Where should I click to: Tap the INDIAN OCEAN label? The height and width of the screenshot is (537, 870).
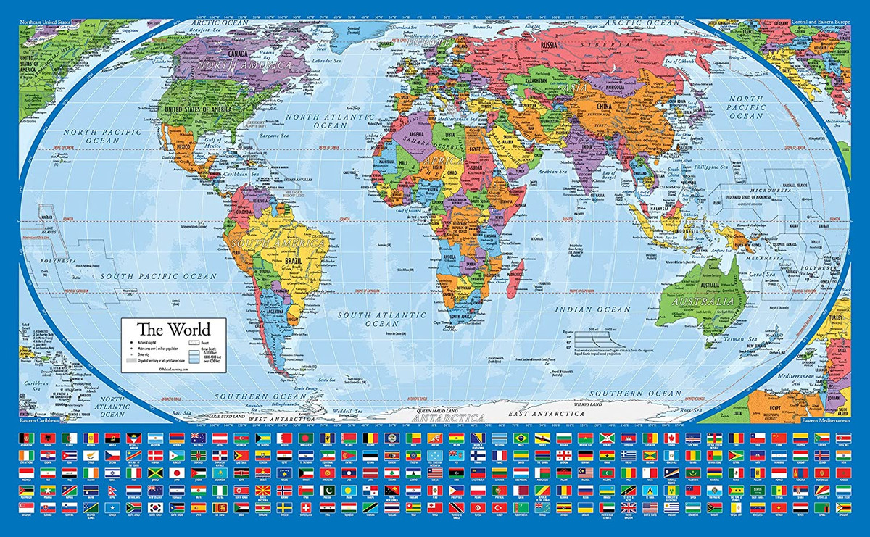(593, 309)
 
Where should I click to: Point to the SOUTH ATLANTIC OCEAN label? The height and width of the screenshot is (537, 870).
(381, 319)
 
